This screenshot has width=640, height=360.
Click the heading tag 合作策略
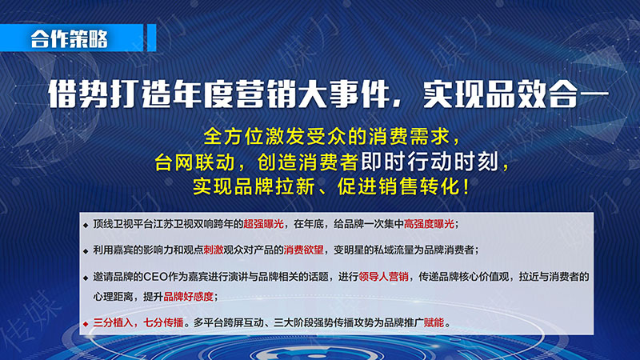[70, 38]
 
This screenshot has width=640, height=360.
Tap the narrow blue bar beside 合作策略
[151, 38]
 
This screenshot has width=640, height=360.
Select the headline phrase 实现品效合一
[516, 94]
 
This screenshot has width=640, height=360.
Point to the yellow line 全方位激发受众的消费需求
[327, 136]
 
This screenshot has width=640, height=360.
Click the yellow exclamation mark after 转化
[466, 187]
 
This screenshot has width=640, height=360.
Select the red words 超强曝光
[263, 224]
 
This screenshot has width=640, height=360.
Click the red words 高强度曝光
[429, 224]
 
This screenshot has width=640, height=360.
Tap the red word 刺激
[213, 250]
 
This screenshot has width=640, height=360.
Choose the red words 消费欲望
[303, 250]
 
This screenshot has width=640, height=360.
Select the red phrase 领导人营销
[383, 277]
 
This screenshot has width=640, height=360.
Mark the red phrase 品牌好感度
[188, 297]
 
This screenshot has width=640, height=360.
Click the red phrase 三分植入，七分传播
[138, 323]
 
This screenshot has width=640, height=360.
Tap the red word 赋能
[434, 323]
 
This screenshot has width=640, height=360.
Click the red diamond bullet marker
[86, 324]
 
